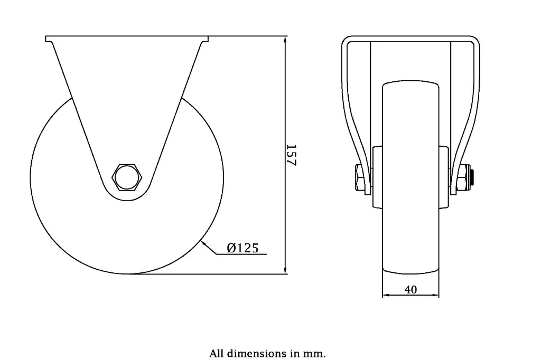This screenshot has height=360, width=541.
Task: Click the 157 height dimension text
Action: point(291,155)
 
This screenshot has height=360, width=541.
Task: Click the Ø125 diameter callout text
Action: point(242,248)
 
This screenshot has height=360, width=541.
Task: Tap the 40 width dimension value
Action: point(411,289)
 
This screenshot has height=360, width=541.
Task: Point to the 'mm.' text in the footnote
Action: point(315,353)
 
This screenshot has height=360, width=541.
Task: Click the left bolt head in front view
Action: point(359,178)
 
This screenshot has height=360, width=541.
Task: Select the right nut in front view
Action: point(463,178)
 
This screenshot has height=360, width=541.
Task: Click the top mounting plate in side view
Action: point(127,39)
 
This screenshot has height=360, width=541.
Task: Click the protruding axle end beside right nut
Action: point(473,178)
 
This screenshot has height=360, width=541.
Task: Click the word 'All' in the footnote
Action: point(217,353)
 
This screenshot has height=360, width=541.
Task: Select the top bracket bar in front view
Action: point(411,38)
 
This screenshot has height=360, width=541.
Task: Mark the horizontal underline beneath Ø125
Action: point(243,254)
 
